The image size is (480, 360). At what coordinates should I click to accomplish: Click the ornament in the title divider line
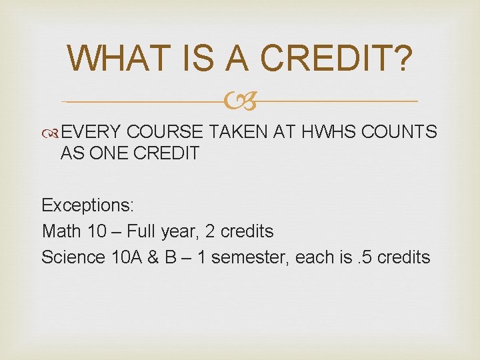(x=239, y=102)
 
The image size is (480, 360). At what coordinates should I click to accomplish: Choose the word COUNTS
(x=399, y=133)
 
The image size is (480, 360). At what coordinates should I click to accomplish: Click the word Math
(x=61, y=231)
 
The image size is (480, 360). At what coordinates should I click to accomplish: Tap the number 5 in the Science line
(x=370, y=257)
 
